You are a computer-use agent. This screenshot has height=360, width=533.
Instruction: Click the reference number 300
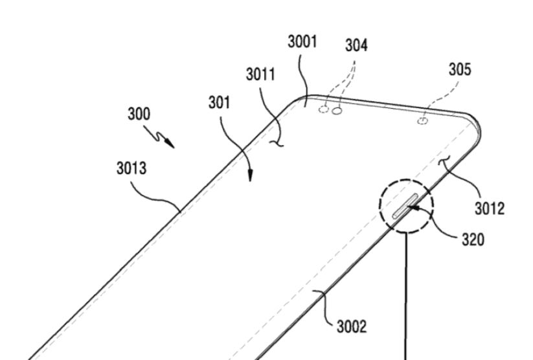point(139,114)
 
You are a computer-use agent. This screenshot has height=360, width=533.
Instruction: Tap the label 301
point(220,102)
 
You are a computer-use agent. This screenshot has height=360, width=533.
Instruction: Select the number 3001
point(302,42)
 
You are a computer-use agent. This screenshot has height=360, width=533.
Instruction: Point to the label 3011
point(260,74)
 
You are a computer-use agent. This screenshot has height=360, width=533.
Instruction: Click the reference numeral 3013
point(131,168)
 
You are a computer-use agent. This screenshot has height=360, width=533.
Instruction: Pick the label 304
point(357,45)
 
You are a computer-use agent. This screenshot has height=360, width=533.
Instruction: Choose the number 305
point(460,69)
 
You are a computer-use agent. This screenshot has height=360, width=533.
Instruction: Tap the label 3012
point(490,208)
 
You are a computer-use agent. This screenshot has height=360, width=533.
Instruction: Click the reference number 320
point(473,240)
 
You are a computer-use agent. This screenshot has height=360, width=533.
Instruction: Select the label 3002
point(352,327)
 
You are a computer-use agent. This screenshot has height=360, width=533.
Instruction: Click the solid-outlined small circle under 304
point(337,111)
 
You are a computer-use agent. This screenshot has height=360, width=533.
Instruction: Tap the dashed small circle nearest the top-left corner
point(324,109)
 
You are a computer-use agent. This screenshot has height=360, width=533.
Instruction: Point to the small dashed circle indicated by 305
point(422,120)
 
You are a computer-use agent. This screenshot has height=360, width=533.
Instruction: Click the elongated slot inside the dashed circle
point(405,207)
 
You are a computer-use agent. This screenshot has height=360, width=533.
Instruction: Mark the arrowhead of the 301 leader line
point(250,175)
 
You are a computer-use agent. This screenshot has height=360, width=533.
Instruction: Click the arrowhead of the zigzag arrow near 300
point(170,144)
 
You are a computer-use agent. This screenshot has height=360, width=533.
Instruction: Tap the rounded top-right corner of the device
point(475,121)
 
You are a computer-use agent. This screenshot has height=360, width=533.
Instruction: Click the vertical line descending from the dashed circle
point(405,297)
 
